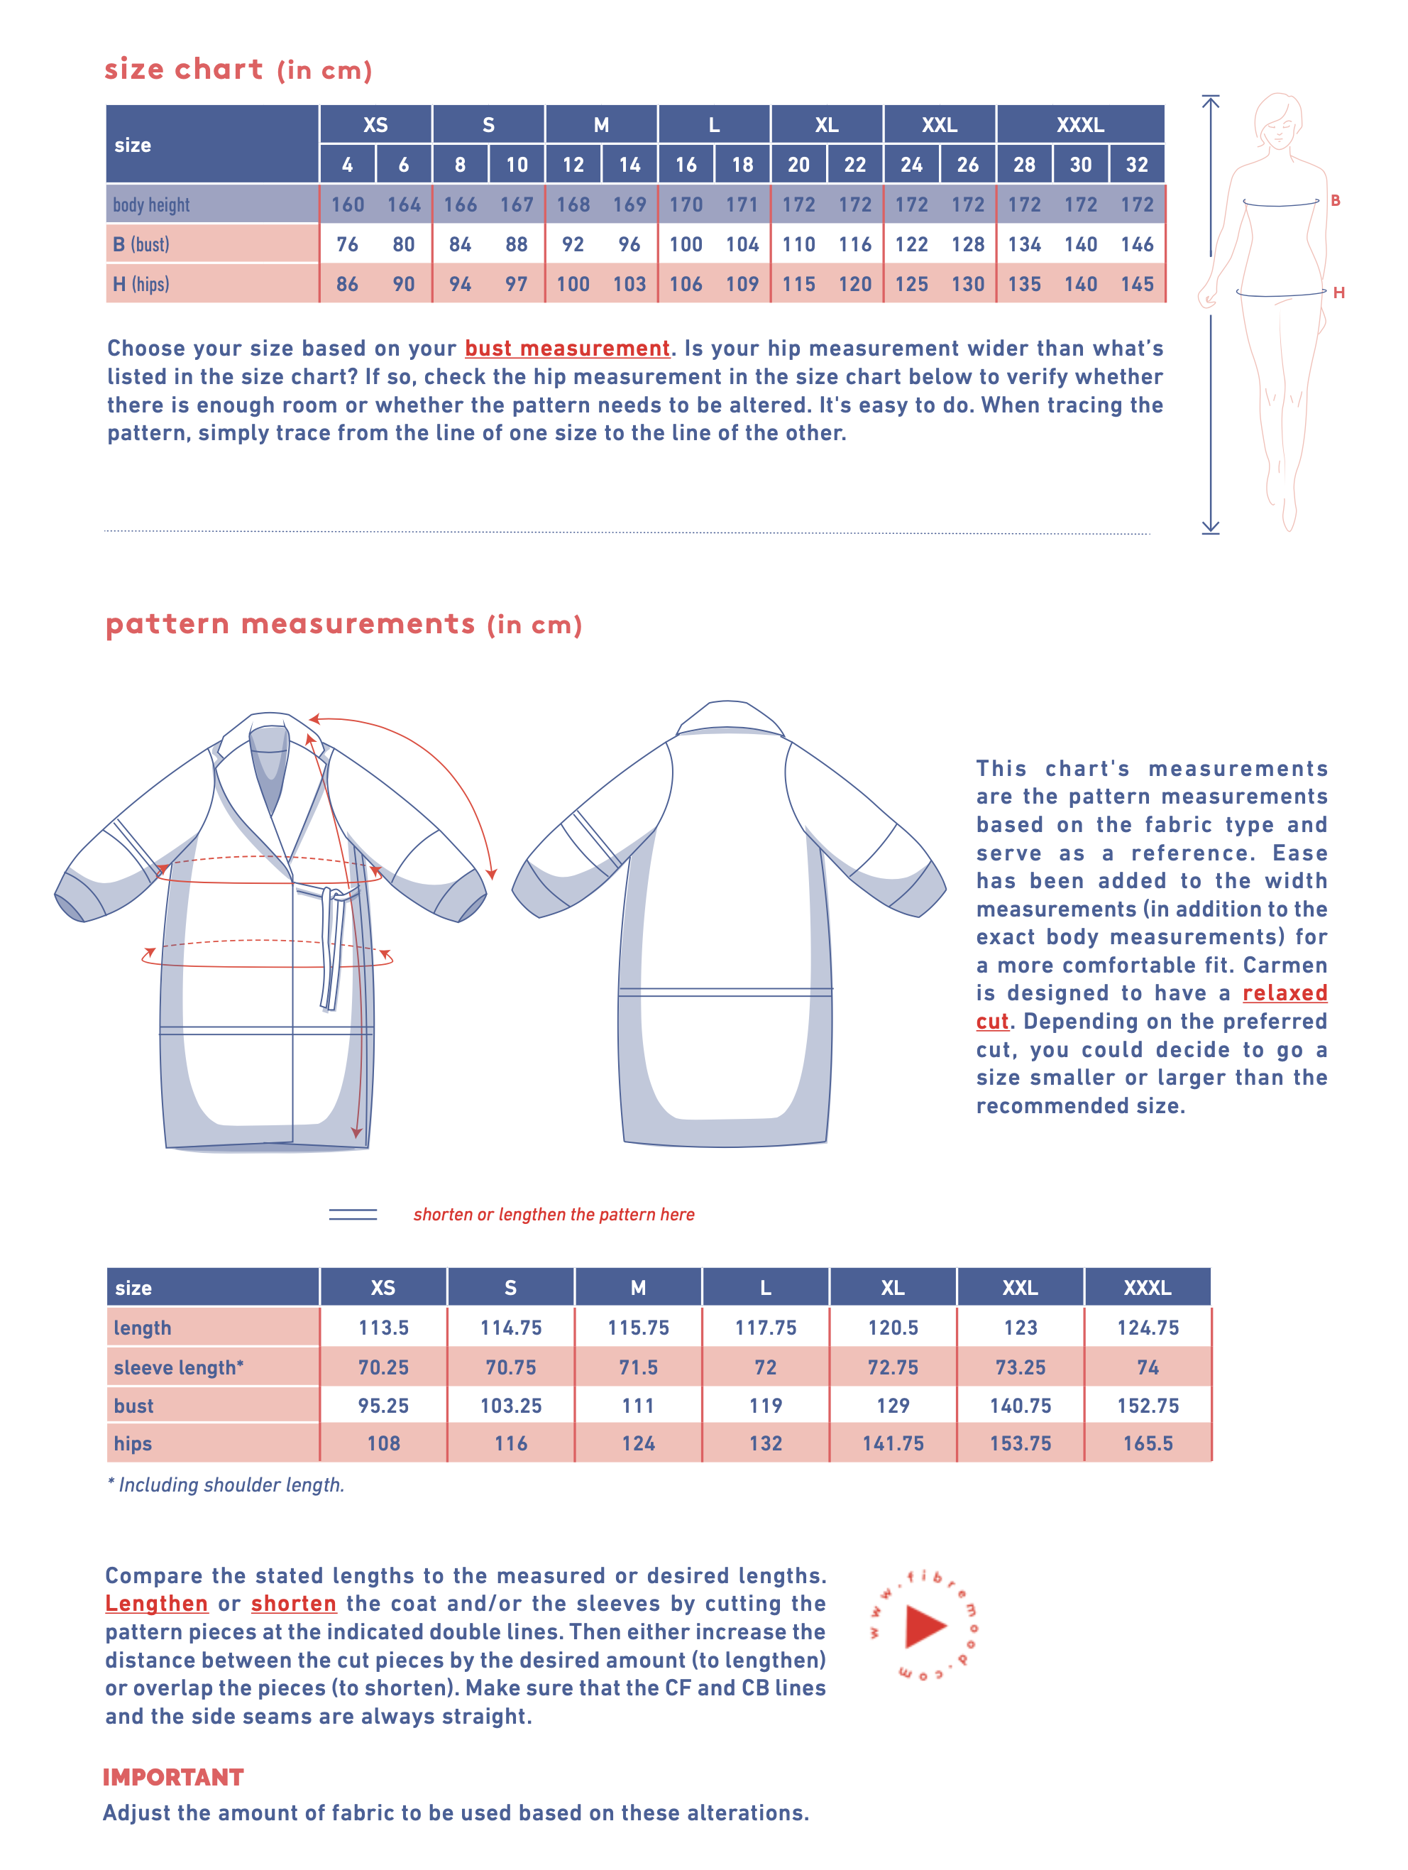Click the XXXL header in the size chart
1079,125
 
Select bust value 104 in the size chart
742,244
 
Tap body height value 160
347,204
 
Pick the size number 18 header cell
742,165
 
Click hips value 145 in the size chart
1137,284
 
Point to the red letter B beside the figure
1336,200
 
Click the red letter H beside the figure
1338,292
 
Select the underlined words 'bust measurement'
567,349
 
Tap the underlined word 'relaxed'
1284,993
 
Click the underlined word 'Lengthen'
156,1604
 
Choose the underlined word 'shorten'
293,1604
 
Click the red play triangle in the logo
924,1626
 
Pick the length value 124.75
1147,1328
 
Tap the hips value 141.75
893,1444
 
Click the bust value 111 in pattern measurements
638,1406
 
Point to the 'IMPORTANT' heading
173,1777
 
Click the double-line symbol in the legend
353,1214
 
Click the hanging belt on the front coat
331,956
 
